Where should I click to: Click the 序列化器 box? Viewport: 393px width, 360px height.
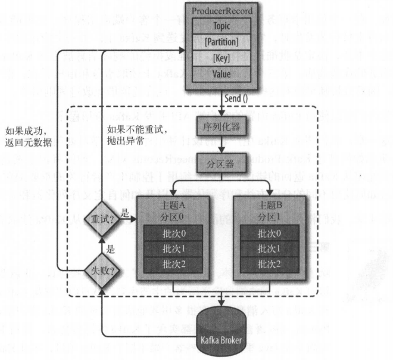[x=222, y=127]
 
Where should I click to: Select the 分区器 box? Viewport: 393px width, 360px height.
[x=222, y=162]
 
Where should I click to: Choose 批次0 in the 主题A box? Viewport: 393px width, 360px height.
[x=173, y=232]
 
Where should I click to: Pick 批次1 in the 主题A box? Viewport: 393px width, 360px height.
[x=173, y=248]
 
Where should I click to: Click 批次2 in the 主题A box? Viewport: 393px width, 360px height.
[x=173, y=263]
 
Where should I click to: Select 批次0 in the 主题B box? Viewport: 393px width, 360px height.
[x=270, y=232]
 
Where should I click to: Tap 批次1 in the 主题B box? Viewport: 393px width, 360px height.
[x=270, y=248]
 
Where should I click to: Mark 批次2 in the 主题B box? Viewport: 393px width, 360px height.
[x=270, y=263]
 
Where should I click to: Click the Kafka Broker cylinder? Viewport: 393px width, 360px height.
[x=221, y=334]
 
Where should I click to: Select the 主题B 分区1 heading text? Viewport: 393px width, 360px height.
[x=270, y=211]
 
